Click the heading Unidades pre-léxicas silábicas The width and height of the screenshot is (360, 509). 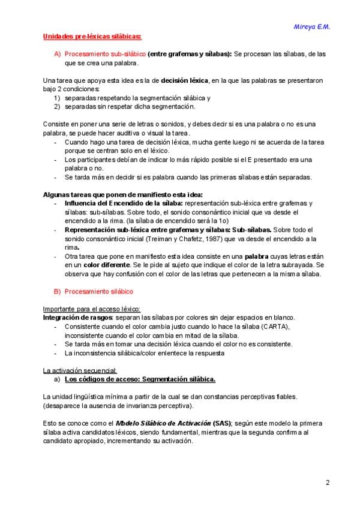[x=92, y=37]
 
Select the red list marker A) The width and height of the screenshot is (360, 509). [x=58, y=54]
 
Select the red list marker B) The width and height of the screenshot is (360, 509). [x=58, y=291]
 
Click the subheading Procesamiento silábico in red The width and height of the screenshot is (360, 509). [x=99, y=291]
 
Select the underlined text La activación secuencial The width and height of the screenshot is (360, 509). [x=80, y=370]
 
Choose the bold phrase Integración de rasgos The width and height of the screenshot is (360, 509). [x=77, y=317]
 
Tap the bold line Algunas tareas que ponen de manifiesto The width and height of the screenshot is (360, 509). [x=123, y=194]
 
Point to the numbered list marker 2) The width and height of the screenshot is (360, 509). [x=58, y=106]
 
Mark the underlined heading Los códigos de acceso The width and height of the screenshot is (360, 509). [x=139, y=379]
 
